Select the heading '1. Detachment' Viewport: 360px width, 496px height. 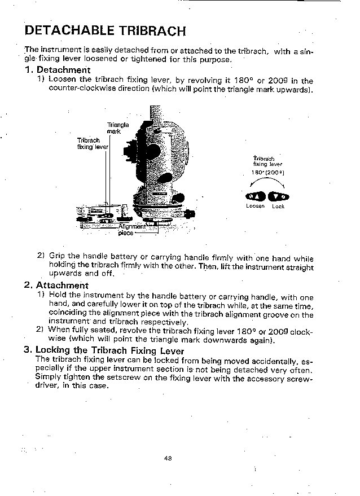58,70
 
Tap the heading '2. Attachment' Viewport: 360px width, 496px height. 56,286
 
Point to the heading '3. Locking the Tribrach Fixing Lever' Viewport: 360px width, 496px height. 104,350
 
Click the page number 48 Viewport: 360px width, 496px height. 168,458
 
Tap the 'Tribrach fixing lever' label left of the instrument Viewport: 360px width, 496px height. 92,143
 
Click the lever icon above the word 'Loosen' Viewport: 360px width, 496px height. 255,196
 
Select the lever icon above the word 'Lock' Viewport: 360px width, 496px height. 278,196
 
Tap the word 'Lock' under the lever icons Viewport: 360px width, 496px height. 278,207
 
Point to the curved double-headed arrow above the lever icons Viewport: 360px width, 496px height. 267,182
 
